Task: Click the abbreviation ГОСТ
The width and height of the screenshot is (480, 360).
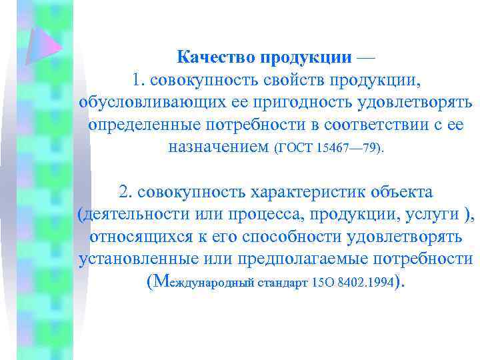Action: point(295,149)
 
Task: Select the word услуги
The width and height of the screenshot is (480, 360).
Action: point(433,215)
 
